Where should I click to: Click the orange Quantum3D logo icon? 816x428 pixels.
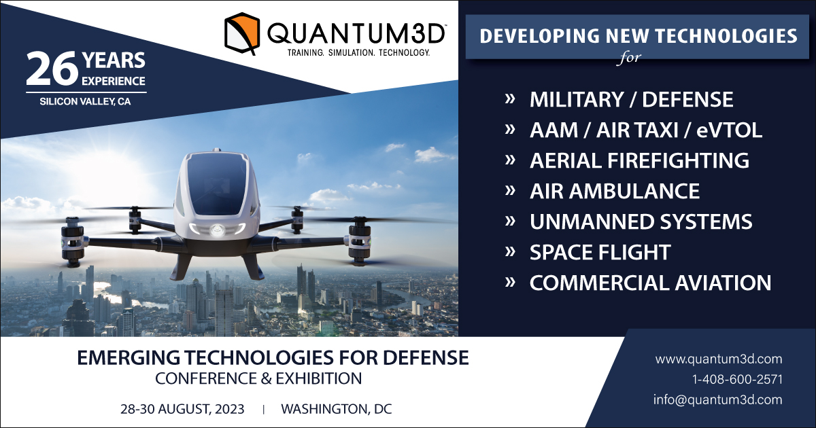pyautogui.click(x=242, y=33)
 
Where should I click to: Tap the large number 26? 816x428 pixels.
pyautogui.click(x=50, y=69)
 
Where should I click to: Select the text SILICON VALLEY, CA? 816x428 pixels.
pyautogui.click(x=85, y=101)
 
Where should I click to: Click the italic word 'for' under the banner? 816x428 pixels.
pyautogui.click(x=629, y=58)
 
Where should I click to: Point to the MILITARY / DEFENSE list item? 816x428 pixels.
pyautogui.click(x=631, y=99)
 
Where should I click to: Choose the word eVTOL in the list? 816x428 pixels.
pyautogui.click(x=729, y=130)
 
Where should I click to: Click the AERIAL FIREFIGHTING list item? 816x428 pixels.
pyautogui.click(x=639, y=160)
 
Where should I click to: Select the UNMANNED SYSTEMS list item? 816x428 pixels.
pyautogui.click(x=641, y=221)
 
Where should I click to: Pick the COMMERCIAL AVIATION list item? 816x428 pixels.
pyautogui.click(x=650, y=283)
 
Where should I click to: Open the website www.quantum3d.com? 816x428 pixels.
pyautogui.click(x=718, y=359)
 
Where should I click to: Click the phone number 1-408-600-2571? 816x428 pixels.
pyautogui.click(x=737, y=380)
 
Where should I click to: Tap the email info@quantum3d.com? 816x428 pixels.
pyautogui.click(x=717, y=400)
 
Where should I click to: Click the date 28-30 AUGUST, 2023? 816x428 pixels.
pyautogui.click(x=182, y=409)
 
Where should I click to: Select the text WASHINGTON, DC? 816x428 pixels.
pyautogui.click(x=336, y=409)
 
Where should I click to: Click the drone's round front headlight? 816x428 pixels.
pyautogui.click(x=217, y=230)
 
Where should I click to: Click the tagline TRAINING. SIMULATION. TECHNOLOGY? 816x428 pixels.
pyautogui.click(x=358, y=53)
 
